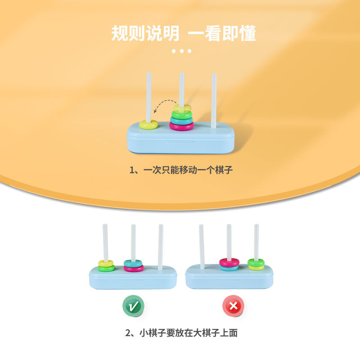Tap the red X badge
pyautogui.click(x=233, y=307)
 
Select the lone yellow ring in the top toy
pyautogui.click(x=148, y=125)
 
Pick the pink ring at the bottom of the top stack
pyautogui.click(x=181, y=126)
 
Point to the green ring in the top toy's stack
pyautogui.click(x=181, y=115)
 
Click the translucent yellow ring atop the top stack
pyautogui.click(x=182, y=108)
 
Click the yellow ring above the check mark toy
pyautogui.click(x=106, y=263)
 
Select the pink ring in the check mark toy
pyautogui.click(x=134, y=268)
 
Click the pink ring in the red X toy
pyautogui.click(x=229, y=262)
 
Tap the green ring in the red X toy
pyautogui.click(x=256, y=262)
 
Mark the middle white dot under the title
pyautogui.click(x=182, y=51)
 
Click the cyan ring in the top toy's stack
pyautogui.click(x=181, y=121)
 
